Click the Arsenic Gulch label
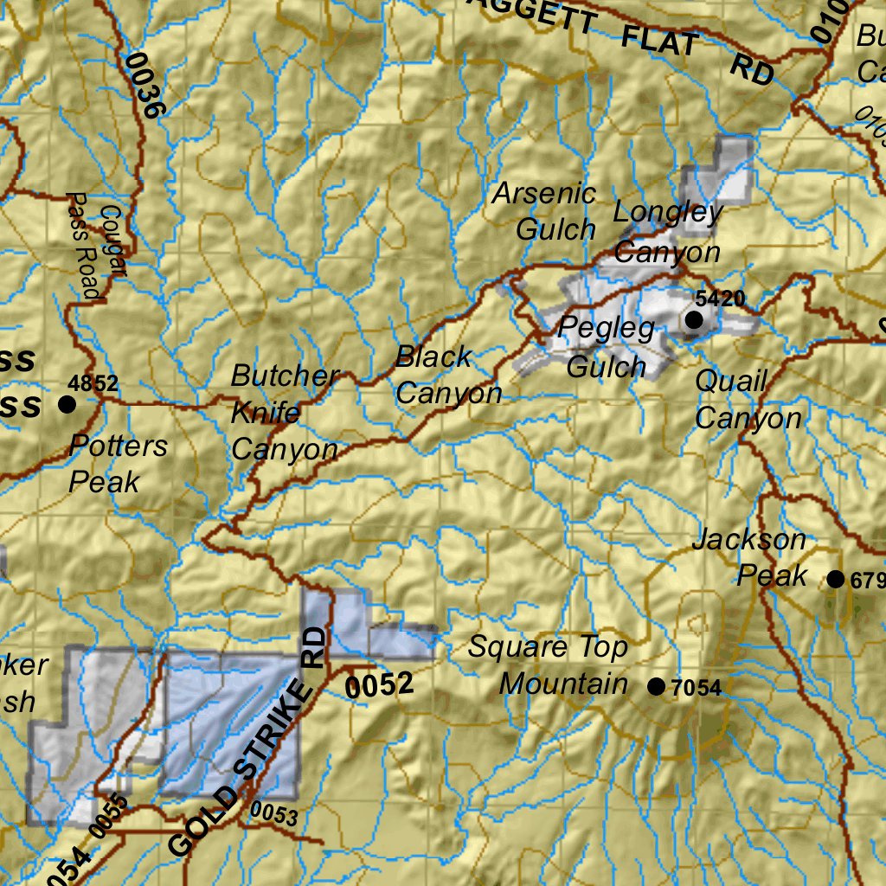[x=545, y=212]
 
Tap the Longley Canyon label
[x=667, y=232]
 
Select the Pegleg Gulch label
[x=607, y=347]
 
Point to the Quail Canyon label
[x=748, y=400]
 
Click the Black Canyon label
[x=448, y=375]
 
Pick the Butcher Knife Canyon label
[x=285, y=413]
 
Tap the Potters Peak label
[x=119, y=464]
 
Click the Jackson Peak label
[x=749, y=558]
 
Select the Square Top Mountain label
[x=562, y=665]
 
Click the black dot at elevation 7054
[x=657, y=687]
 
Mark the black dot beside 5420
[x=694, y=320]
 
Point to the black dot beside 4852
[x=67, y=404]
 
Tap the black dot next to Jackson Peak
[x=835, y=579]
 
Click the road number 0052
[x=380, y=685]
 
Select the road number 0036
[x=144, y=85]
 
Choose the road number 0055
[x=108, y=814]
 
